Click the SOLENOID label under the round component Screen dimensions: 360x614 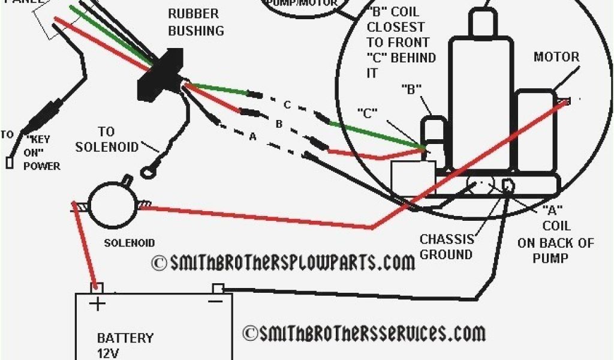click(x=130, y=243)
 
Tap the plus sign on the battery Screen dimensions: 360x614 click(x=97, y=304)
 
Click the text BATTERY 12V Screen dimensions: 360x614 click(x=125, y=345)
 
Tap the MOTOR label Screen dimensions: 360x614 click(x=556, y=57)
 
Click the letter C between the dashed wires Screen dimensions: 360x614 click(x=287, y=105)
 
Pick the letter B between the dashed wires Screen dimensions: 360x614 click(x=278, y=124)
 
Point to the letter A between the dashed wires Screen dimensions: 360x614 click(x=252, y=137)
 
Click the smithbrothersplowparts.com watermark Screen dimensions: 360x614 click(x=282, y=262)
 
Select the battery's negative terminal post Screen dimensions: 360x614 click(x=218, y=288)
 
